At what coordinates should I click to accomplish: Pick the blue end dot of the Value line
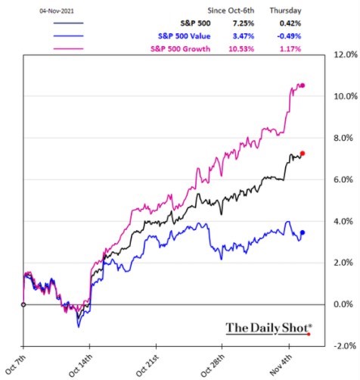tap(303, 232)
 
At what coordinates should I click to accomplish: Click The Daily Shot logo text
tap(268, 328)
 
